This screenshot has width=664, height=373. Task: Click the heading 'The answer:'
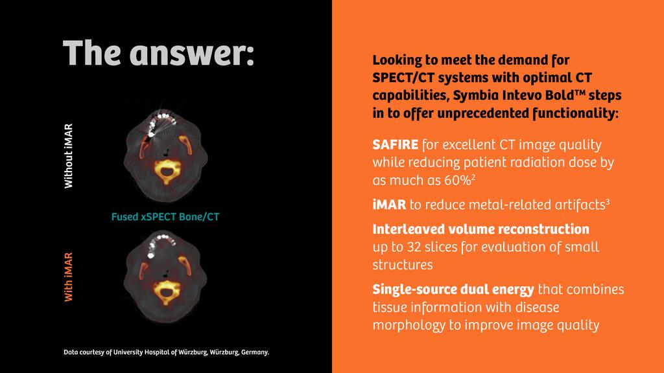point(158,53)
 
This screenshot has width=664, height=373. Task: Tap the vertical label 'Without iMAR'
point(68,156)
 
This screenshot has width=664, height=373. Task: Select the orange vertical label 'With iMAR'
point(68,277)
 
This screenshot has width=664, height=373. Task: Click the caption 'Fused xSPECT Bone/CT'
point(165,217)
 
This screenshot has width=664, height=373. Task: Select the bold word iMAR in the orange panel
point(389,205)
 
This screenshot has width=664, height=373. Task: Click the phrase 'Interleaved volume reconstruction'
point(480,229)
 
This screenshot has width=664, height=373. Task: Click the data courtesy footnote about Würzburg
point(166,353)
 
